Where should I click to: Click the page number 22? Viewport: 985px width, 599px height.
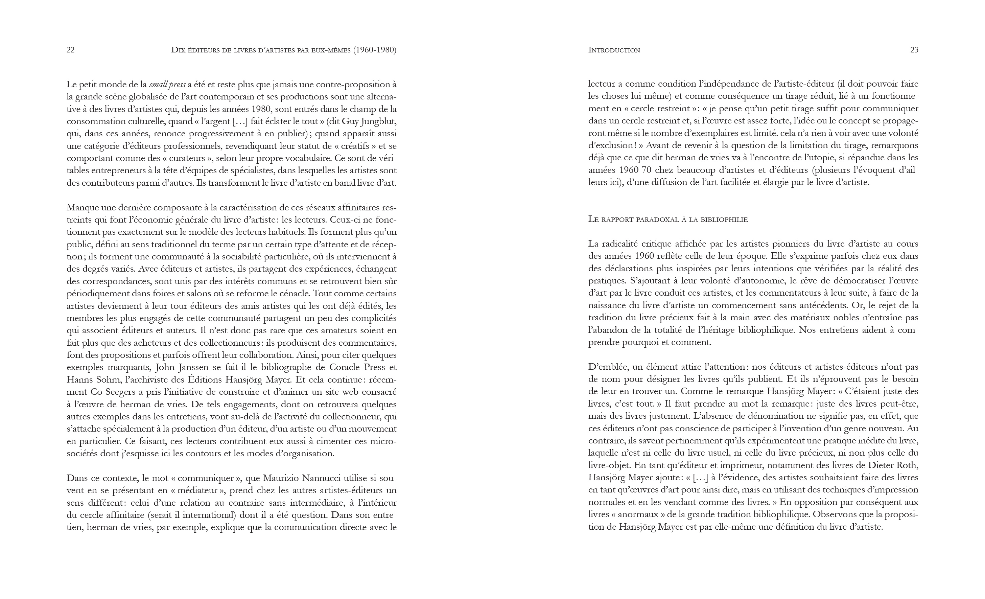click(70, 50)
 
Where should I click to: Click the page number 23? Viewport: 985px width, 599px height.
click(914, 50)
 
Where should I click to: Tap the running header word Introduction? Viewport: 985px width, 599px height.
click(614, 50)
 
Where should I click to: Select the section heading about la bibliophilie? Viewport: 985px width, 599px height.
click(667, 219)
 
